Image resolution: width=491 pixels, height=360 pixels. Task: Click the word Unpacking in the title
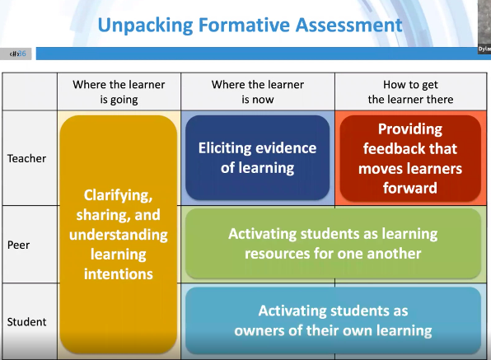[x=145, y=26]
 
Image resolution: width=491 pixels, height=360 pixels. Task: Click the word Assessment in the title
[x=348, y=25]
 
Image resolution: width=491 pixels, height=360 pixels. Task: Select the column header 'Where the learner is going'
[x=119, y=91]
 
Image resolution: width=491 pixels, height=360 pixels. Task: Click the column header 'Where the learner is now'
[x=257, y=91]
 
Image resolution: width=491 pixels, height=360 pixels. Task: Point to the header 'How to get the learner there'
[x=410, y=91]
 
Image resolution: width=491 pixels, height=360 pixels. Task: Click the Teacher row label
[x=26, y=158]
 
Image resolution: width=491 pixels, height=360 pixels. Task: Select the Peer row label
[x=18, y=245]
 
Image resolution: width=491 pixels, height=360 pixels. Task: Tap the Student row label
[x=26, y=322]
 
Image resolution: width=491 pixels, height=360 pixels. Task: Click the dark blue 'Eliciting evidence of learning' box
[x=257, y=157]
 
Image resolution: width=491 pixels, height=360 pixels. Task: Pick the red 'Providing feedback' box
[x=410, y=158]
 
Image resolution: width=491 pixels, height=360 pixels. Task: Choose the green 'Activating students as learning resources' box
[x=333, y=243]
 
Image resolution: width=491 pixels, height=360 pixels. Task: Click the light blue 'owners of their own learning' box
[x=333, y=320]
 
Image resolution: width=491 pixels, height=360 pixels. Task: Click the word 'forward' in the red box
[x=410, y=188]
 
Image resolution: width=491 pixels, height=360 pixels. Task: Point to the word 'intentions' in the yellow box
[x=119, y=274]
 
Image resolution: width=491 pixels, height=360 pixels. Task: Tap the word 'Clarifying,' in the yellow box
[x=118, y=196]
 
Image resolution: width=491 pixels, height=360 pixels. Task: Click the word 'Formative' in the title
[x=244, y=25]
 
